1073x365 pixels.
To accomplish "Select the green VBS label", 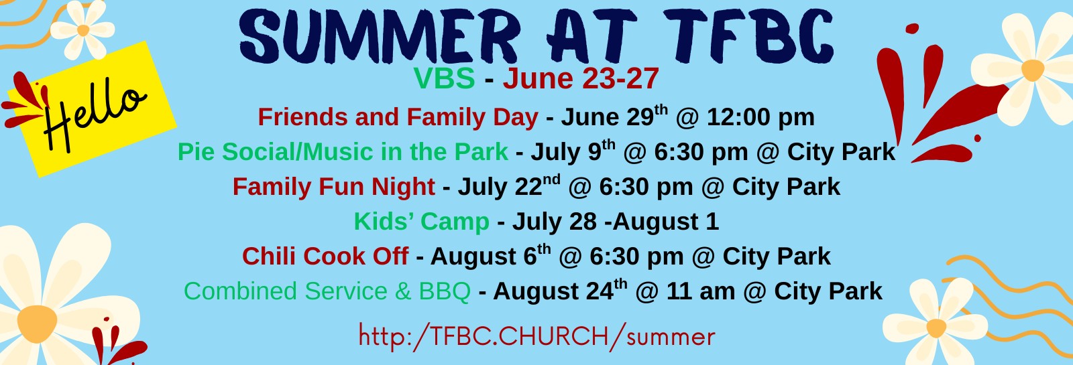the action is point(444,78).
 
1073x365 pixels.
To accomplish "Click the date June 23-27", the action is point(581,78).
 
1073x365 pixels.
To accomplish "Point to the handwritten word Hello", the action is point(93,114).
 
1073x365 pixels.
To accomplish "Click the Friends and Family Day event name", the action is point(398,118).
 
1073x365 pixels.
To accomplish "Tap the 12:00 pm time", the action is point(760,118).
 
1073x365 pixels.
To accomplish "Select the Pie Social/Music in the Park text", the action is point(343,152).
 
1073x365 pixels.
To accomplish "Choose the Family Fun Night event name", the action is point(334,187).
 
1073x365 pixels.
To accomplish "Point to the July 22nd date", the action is point(509,186).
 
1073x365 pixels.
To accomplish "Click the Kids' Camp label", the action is point(422,222).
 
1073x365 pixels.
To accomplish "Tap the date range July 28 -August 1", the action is point(616,222).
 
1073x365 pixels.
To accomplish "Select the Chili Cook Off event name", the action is point(325,257).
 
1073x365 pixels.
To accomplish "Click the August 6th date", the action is point(490,255).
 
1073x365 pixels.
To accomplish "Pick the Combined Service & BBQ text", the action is point(327,291).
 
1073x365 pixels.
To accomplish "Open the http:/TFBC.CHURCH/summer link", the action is point(536,336).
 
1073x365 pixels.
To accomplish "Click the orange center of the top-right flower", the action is point(1033,70).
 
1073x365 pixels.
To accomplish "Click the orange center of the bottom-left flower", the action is point(37,323).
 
